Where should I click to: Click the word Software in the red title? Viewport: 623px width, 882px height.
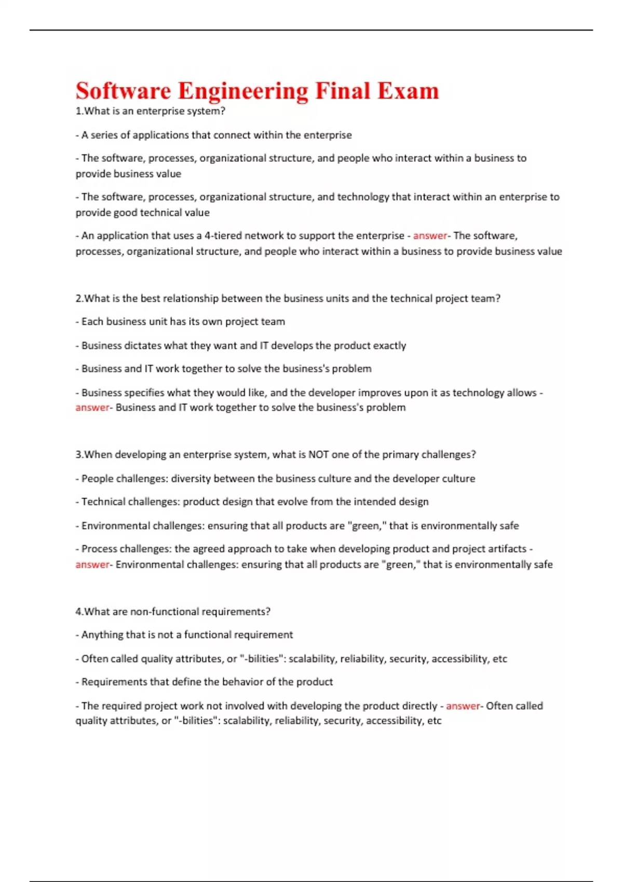click(123, 91)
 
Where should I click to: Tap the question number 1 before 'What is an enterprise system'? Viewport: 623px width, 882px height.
click(78, 111)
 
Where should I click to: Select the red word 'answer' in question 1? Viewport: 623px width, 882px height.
click(430, 236)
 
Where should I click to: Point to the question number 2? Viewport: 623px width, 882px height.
click(78, 298)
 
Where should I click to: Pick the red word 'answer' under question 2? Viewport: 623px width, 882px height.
click(92, 408)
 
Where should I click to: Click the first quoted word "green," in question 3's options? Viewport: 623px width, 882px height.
click(367, 526)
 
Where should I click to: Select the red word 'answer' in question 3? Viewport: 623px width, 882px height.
click(92, 564)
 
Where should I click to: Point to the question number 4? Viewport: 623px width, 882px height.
click(78, 612)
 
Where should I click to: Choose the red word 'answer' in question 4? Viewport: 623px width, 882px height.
click(463, 706)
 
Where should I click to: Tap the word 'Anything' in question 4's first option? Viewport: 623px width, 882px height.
click(102, 635)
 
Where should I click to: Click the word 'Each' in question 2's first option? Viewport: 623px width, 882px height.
click(92, 322)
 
